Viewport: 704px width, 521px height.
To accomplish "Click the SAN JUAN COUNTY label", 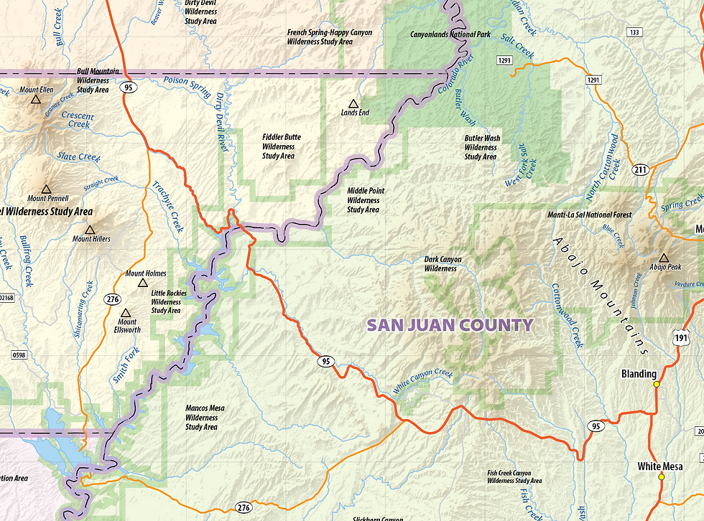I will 450,325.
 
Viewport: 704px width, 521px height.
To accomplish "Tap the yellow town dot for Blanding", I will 656,385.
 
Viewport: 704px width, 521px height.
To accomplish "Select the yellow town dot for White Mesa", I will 661,477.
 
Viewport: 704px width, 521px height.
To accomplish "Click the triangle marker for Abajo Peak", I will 663,258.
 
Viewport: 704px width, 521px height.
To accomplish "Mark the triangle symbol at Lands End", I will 352,103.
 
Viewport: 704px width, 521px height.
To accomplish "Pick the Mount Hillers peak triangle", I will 90,230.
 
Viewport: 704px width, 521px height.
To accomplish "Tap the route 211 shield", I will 641,170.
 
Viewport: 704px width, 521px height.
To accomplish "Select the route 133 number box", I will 634,32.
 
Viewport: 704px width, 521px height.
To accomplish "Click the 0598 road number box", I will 19,354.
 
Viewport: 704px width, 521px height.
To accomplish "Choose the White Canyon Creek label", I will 423,382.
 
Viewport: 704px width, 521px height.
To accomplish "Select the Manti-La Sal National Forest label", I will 590,215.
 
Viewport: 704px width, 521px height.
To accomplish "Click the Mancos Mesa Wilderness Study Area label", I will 205,418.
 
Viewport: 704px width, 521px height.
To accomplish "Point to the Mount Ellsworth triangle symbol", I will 126,313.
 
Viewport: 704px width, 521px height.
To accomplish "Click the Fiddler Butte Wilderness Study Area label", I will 282,146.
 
